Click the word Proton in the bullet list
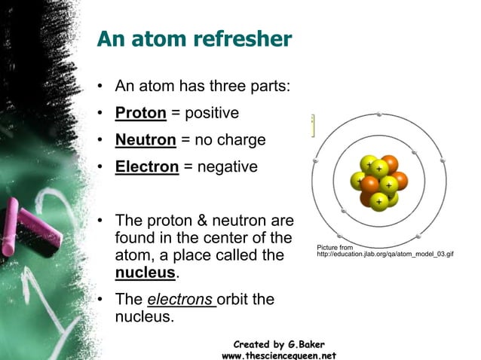[140, 114]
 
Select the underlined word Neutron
[146, 140]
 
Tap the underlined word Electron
[147, 166]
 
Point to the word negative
[226, 166]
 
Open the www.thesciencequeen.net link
[278, 355]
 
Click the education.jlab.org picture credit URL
[384, 254]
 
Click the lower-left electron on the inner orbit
[344, 212]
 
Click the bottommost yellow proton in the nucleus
[379, 200]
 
